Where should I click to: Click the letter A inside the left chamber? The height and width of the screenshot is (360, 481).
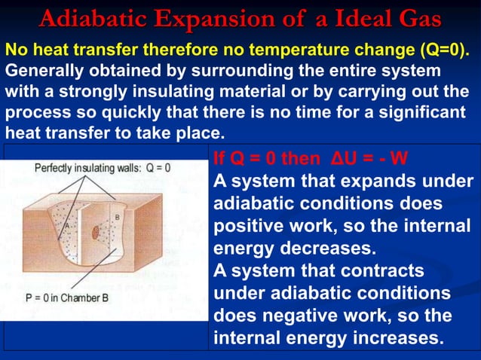(66, 224)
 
